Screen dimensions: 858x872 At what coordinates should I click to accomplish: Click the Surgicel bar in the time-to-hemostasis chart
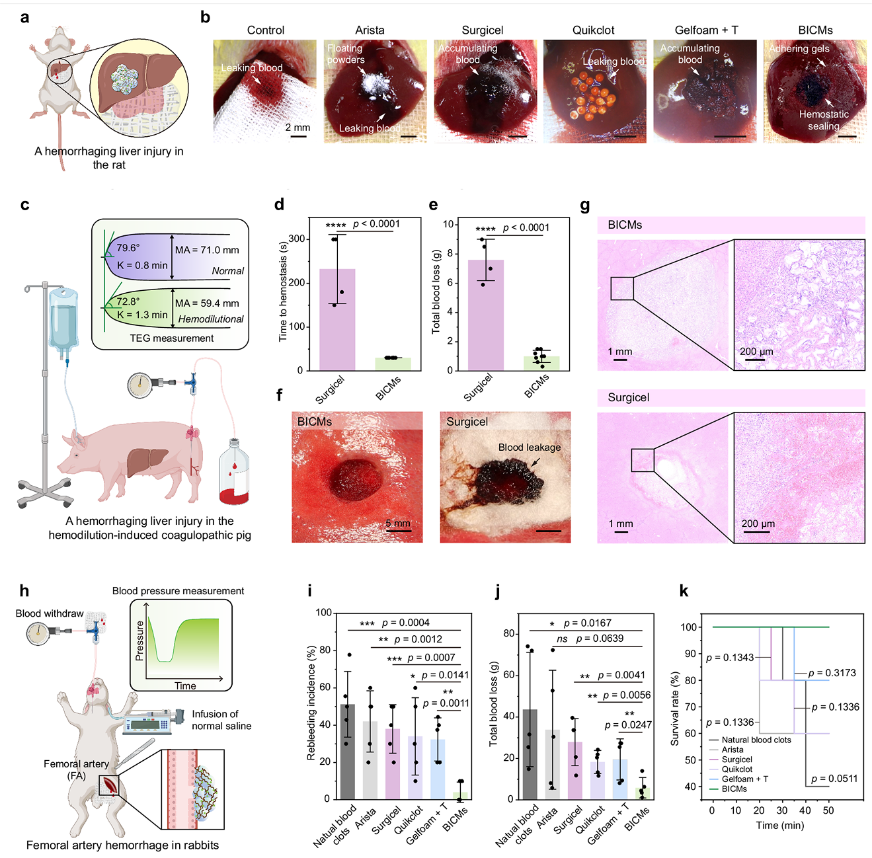pos(337,320)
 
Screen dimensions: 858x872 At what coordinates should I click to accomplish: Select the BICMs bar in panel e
pos(541,363)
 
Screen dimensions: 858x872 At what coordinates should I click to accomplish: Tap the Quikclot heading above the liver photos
pos(593,30)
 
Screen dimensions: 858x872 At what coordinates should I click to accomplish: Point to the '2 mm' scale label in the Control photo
pos(297,128)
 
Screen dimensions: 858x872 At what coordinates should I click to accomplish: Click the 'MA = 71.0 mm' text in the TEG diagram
pos(207,250)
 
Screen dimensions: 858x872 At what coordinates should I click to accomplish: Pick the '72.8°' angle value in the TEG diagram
pos(128,301)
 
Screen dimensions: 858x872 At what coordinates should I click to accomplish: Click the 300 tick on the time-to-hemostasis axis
pos(297,239)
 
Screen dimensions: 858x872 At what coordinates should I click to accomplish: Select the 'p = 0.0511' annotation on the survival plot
pos(834,779)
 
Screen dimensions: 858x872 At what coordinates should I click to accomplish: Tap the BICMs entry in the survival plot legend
pos(734,789)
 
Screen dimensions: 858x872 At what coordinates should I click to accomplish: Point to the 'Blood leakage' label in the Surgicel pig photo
pos(529,448)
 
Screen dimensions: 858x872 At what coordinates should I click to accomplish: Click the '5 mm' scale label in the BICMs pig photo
pos(398,524)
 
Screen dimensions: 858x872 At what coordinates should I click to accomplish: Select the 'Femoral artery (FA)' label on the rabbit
pos(76,769)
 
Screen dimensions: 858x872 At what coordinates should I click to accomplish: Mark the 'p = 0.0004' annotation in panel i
pos(405,623)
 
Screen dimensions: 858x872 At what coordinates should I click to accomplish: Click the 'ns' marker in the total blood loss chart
pos(562,639)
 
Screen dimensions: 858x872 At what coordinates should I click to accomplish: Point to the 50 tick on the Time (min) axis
pos(828,810)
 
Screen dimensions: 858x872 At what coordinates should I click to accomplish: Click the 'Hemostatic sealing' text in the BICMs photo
pos(823,120)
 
